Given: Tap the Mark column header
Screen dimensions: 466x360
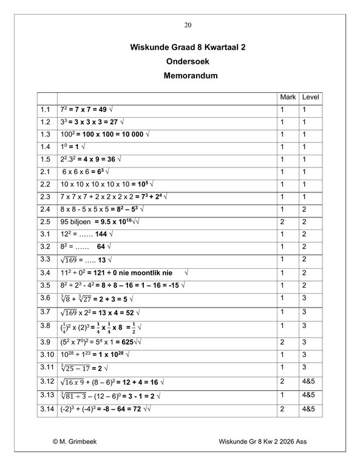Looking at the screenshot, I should [x=288, y=97].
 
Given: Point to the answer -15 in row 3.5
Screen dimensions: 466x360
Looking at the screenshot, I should [x=173, y=285].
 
